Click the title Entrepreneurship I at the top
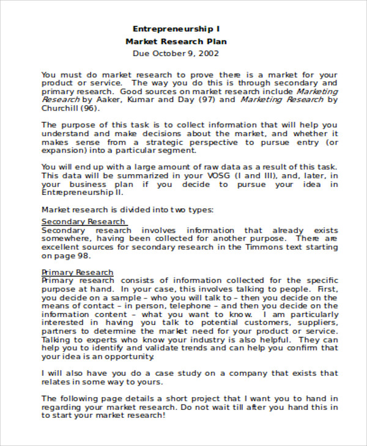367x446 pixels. coord(176,29)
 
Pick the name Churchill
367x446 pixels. coord(60,108)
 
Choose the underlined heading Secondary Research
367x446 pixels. coord(83,221)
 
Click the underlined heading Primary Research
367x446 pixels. coord(77,272)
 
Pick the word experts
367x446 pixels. coord(99,339)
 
